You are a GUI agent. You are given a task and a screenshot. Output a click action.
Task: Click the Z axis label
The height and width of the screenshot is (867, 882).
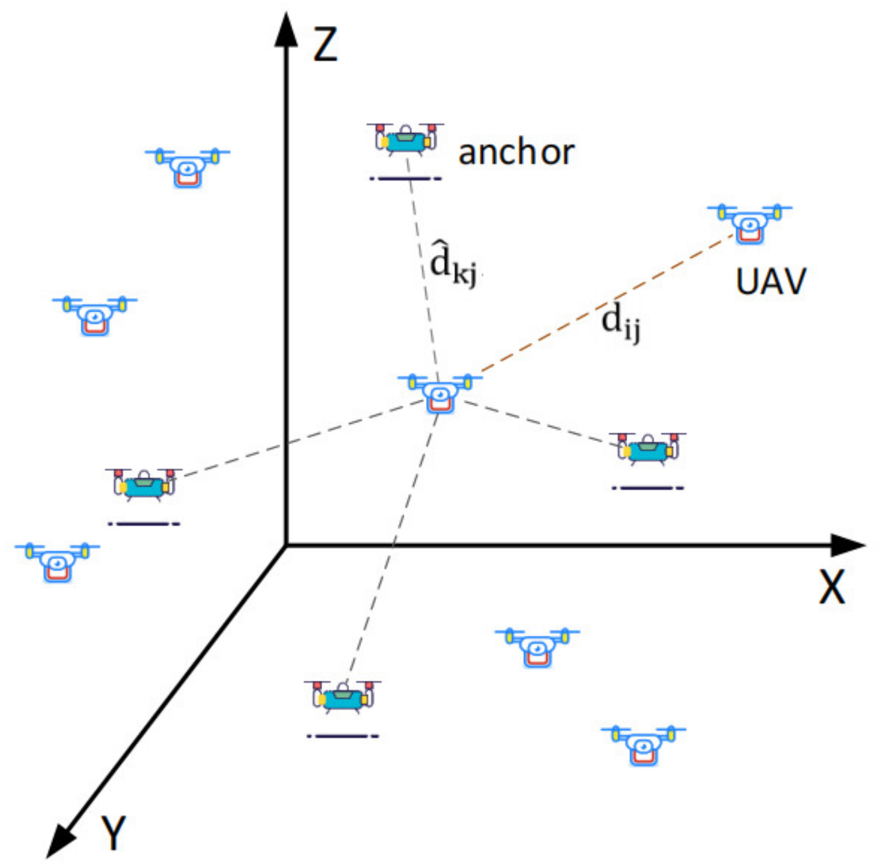325,44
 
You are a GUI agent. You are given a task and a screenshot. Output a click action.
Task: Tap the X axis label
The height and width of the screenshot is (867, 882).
831,587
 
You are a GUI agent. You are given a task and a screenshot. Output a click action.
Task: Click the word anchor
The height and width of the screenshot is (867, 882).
516,152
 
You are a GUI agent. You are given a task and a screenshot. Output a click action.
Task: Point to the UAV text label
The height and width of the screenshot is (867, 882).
771,282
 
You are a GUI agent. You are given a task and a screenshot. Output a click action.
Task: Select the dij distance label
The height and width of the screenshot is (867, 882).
620,322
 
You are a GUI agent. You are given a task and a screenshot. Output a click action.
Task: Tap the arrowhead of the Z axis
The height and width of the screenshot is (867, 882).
287,28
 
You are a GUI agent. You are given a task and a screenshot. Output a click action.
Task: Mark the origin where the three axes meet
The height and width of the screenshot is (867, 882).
287,546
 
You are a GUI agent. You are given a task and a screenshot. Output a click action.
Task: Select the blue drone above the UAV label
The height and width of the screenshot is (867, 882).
750,223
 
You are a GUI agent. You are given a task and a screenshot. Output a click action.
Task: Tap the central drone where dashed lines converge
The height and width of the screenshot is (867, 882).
440,393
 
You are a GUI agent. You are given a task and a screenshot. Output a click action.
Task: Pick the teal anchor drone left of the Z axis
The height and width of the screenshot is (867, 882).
144,484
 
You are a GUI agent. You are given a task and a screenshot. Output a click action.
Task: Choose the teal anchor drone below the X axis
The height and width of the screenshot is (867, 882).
342,696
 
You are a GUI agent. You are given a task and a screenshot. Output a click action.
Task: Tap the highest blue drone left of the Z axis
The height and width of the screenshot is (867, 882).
187,167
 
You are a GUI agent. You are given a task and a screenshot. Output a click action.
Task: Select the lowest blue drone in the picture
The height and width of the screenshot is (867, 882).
643,745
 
